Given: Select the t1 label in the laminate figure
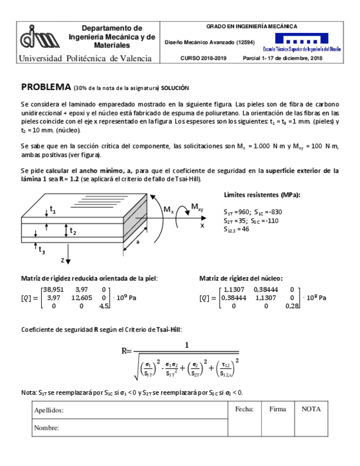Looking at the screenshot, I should [x=53, y=209].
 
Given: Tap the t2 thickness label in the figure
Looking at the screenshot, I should [x=73, y=232].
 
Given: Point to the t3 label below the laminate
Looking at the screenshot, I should [x=42, y=250].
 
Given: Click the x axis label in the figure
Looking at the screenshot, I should [x=202, y=225].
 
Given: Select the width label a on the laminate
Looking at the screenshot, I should [x=137, y=241].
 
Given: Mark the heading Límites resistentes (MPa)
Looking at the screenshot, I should [x=262, y=195].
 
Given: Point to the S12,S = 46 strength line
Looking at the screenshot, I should [x=236, y=229].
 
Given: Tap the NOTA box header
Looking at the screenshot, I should [x=311, y=409].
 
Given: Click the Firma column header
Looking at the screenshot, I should [x=278, y=409].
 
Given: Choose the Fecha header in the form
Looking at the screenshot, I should [x=244, y=409].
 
